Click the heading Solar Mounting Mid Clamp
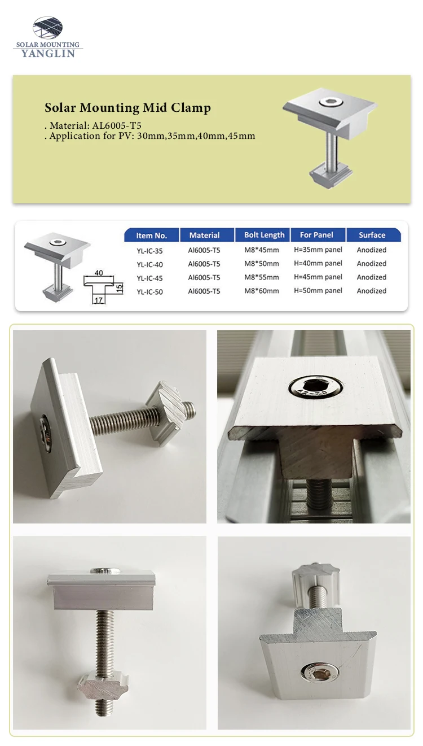point(127,108)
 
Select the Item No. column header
point(151,235)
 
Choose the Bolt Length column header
point(264,235)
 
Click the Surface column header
point(372,235)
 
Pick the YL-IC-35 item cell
point(149,251)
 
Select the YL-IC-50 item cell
point(149,292)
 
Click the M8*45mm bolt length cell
point(261,250)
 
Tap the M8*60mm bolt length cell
point(261,291)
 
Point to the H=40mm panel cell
point(318,264)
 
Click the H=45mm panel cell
point(318,277)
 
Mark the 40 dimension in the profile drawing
point(99,273)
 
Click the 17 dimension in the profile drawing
point(99,300)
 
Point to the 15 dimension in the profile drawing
point(118,287)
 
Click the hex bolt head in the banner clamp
point(327,103)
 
